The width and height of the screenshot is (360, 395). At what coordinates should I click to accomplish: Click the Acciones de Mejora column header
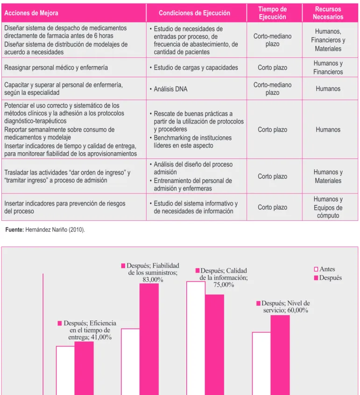point(31,13)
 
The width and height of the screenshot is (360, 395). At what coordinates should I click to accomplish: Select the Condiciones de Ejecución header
point(194,13)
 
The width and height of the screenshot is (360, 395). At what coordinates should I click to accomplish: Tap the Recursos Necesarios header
point(328,13)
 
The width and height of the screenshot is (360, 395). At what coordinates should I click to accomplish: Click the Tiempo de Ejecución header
point(272,13)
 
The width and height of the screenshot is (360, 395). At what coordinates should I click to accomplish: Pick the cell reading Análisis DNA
point(170,89)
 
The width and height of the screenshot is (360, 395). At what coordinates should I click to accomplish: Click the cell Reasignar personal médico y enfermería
point(56,68)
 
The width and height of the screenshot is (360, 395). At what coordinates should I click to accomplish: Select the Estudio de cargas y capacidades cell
point(194,68)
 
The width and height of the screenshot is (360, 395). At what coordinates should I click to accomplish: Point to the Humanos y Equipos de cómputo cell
point(328,207)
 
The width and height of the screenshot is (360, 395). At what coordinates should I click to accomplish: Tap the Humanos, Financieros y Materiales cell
point(328,40)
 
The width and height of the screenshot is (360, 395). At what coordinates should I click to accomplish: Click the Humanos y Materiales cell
point(328,176)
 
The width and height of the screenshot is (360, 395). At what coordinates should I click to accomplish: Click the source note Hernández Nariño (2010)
point(55,230)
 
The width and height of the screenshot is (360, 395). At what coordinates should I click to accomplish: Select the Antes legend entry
point(325,269)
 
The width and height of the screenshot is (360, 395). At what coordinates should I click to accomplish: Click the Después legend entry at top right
point(328,278)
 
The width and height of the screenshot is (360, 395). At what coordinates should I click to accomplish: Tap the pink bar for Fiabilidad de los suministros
point(149,339)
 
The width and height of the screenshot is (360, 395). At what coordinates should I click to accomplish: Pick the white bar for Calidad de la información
point(196,338)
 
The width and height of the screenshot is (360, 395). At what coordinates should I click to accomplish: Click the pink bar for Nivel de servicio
point(280,355)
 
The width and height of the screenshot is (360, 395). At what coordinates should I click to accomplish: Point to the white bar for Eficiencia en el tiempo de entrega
point(65,371)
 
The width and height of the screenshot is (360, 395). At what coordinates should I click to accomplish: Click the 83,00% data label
point(153,280)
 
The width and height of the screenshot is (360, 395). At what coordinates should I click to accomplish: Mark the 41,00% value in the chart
point(101,337)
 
